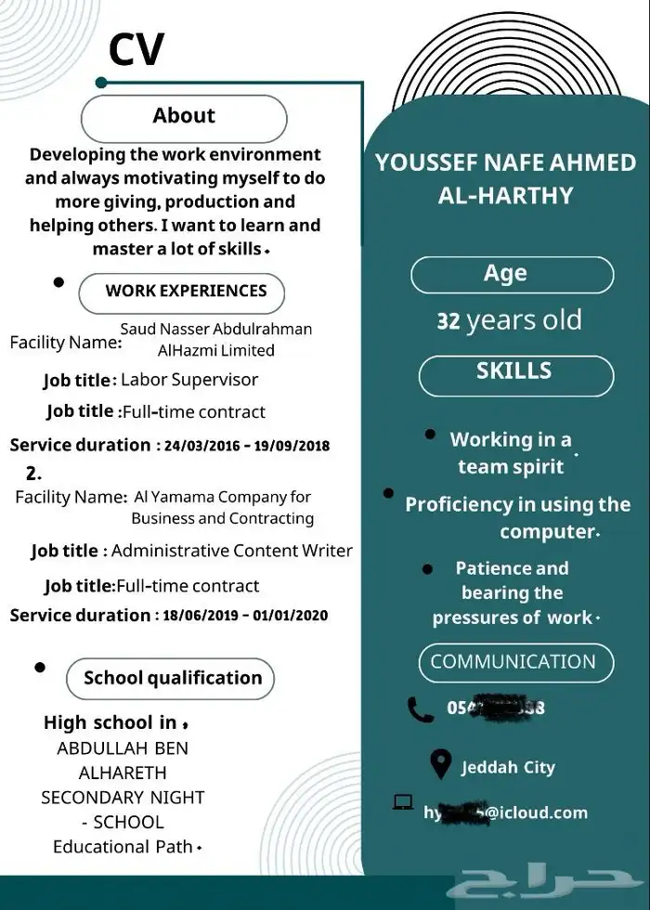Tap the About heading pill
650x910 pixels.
click(x=184, y=117)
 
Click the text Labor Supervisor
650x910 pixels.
click(x=189, y=380)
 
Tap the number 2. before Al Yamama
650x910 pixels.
click(x=33, y=474)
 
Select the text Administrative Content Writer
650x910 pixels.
click(x=232, y=551)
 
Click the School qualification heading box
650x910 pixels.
click(x=171, y=679)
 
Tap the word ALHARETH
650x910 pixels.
click(x=123, y=773)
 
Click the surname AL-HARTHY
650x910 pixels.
click(x=505, y=196)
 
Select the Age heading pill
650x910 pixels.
click(x=512, y=275)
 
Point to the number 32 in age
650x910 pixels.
click(x=448, y=322)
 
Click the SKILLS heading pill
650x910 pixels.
click(x=515, y=373)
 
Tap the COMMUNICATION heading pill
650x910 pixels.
click(x=513, y=663)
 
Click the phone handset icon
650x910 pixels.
click(x=421, y=709)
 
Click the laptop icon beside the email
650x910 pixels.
click(x=403, y=803)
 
